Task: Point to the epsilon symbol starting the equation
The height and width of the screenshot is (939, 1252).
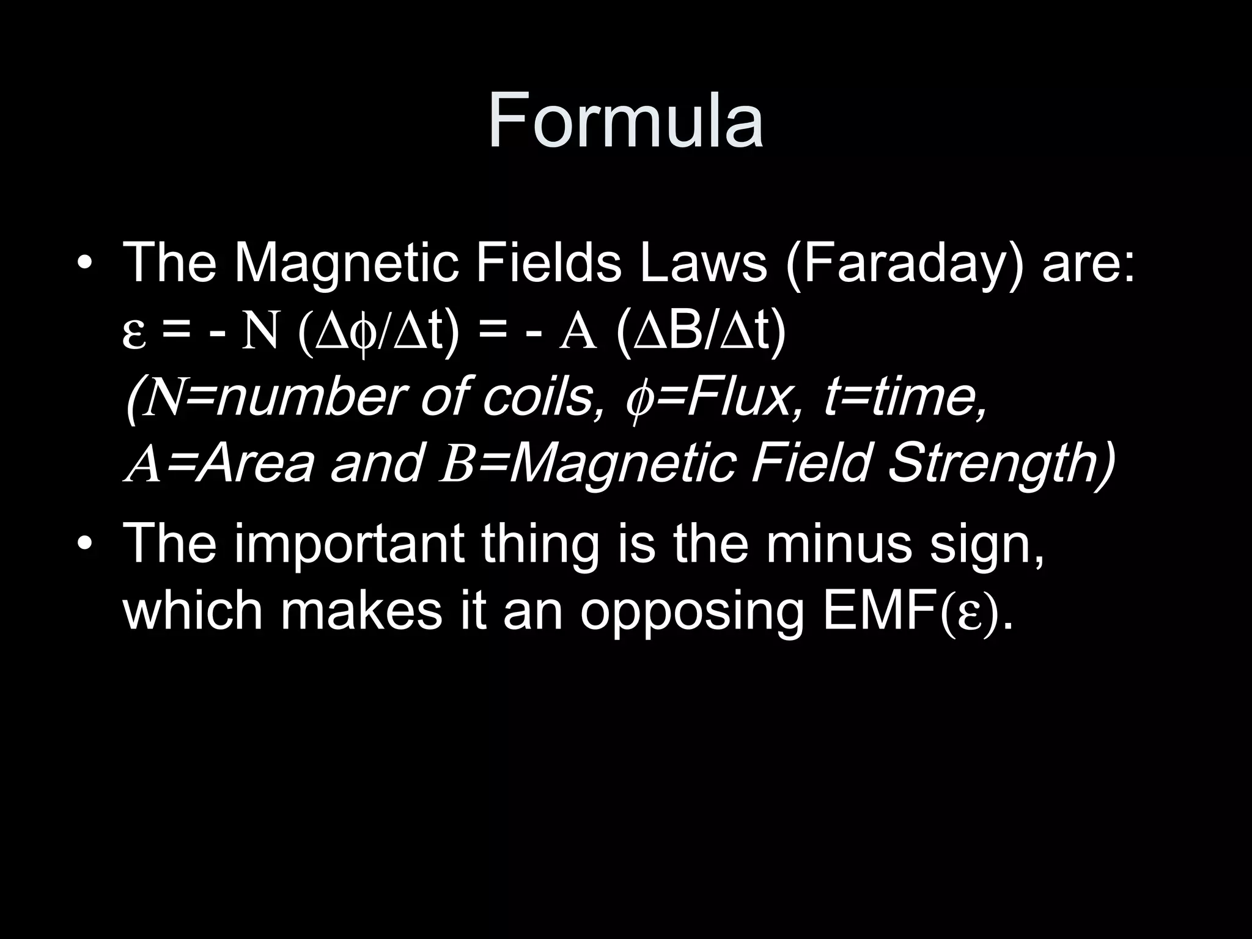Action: pyautogui.click(x=134, y=335)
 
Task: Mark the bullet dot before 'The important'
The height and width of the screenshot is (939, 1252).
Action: pyautogui.click(x=85, y=545)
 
